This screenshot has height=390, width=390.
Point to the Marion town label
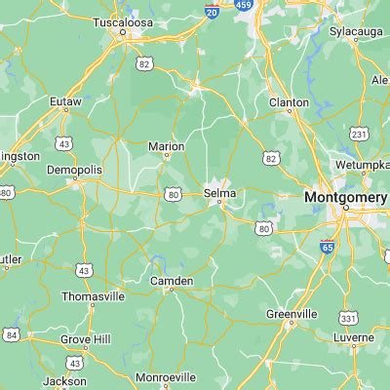[166, 146]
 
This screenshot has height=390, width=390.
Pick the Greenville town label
[292, 314]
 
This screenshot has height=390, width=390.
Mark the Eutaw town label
[66, 99]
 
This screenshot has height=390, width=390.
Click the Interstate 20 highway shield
[212, 11]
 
